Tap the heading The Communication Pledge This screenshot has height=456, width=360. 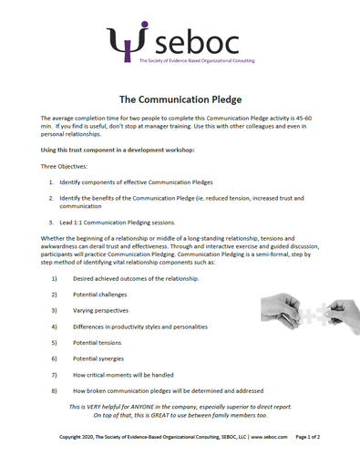tap(179, 98)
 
